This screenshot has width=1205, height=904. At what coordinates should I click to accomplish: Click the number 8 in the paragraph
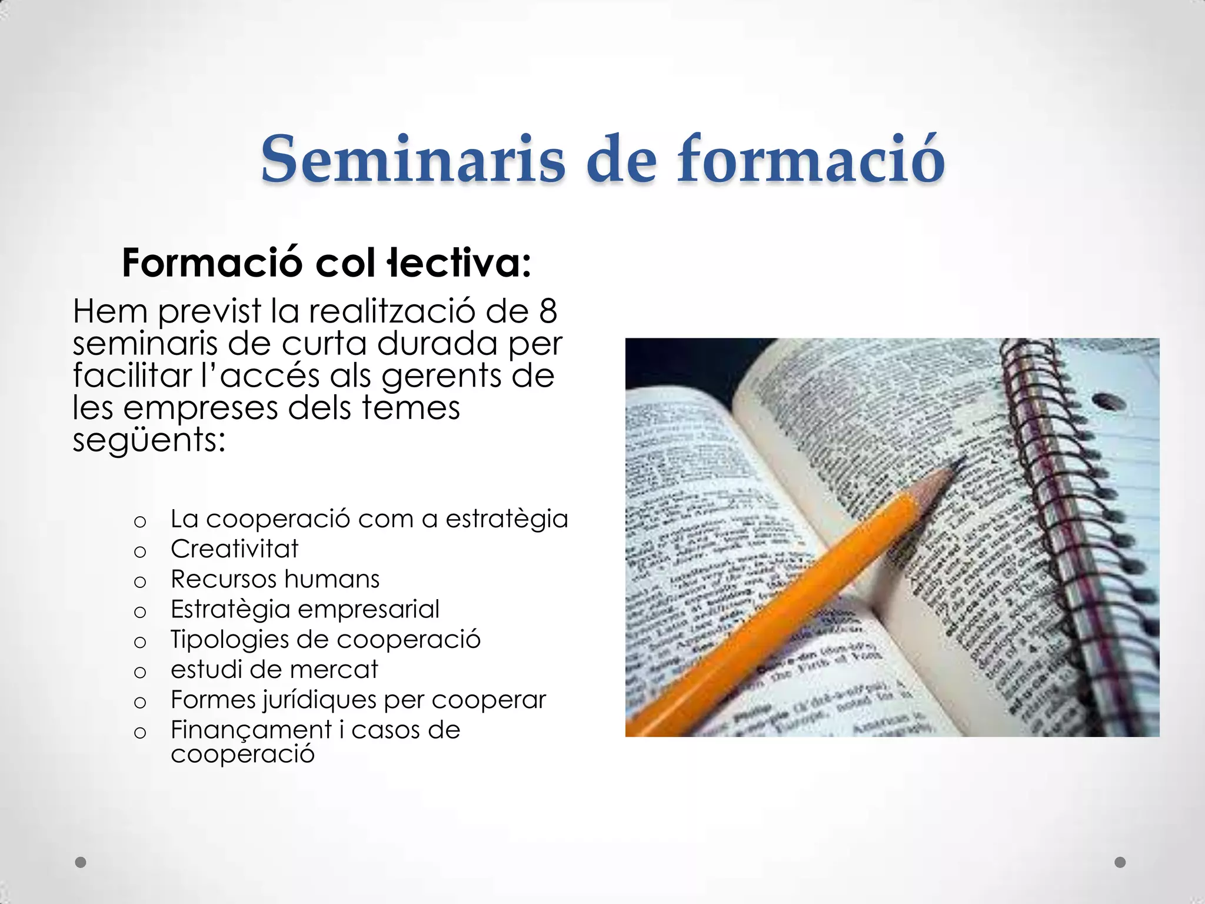[x=548, y=311]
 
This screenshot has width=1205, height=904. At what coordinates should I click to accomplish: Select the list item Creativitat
[x=234, y=549]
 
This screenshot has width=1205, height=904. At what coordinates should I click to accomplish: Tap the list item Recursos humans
[x=275, y=579]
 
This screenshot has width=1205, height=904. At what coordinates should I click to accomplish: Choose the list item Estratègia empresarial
[x=305, y=609]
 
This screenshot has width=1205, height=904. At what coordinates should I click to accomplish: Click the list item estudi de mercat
[x=274, y=670]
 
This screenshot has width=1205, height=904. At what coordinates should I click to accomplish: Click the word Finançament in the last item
[x=251, y=730]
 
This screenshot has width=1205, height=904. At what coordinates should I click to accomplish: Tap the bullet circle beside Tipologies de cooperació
[x=140, y=642]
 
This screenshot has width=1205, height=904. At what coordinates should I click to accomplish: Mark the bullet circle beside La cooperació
[x=140, y=521]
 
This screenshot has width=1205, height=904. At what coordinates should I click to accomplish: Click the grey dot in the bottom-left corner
[x=81, y=862]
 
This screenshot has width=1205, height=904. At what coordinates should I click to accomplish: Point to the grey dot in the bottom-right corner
[x=1120, y=862]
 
